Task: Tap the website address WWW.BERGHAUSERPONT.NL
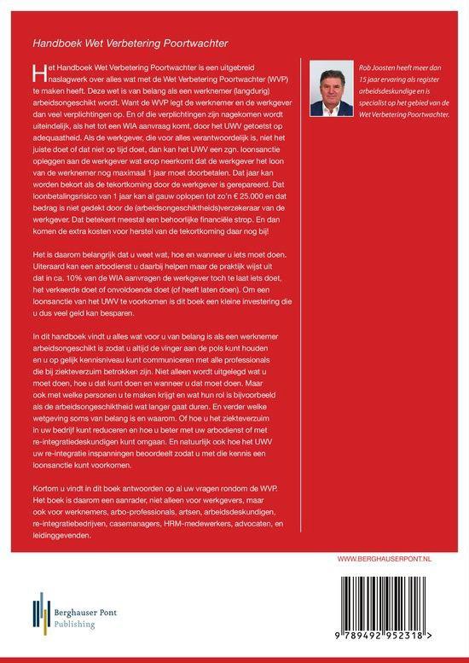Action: click(391, 559)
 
